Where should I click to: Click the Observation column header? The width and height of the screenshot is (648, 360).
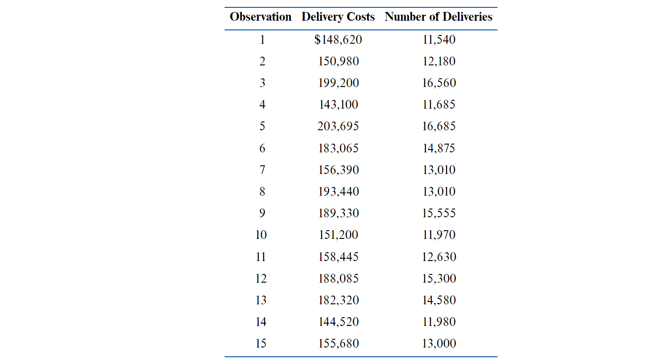[x=260, y=17]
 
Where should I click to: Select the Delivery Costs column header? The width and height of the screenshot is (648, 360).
[x=338, y=17]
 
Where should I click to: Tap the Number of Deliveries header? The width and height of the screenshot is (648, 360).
[x=439, y=17]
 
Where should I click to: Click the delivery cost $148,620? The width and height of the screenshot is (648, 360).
[x=338, y=40]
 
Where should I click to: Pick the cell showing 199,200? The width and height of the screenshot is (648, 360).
[x=338, y=83]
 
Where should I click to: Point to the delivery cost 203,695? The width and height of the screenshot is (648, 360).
[x=338, y=126]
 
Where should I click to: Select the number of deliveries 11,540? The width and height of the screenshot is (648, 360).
[x=439, y=40]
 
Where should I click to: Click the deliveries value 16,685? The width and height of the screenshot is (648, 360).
[x=439, y=126]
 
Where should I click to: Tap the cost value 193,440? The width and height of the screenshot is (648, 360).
[x=338, y=192]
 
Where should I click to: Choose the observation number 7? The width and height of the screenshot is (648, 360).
[x=262, y=170]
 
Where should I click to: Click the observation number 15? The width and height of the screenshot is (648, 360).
[x=261, y=343]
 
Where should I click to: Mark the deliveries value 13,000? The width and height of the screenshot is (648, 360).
[x=439, y=343]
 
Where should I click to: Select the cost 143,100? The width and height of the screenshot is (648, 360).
[x=338, y=105]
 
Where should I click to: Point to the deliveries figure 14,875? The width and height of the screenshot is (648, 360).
[x=439, y=148]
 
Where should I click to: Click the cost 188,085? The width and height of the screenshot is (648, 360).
[x=338, y=279]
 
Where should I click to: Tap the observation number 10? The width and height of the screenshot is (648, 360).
[x=261, y=235]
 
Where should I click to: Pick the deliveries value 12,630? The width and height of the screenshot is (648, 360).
[x=439, y=257]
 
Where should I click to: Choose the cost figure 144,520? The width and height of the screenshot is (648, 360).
[x=338, y=322]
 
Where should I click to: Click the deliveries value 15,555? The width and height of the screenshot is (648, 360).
[x=439, y=213]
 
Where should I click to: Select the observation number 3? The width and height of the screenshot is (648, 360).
[x=262, y=83]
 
